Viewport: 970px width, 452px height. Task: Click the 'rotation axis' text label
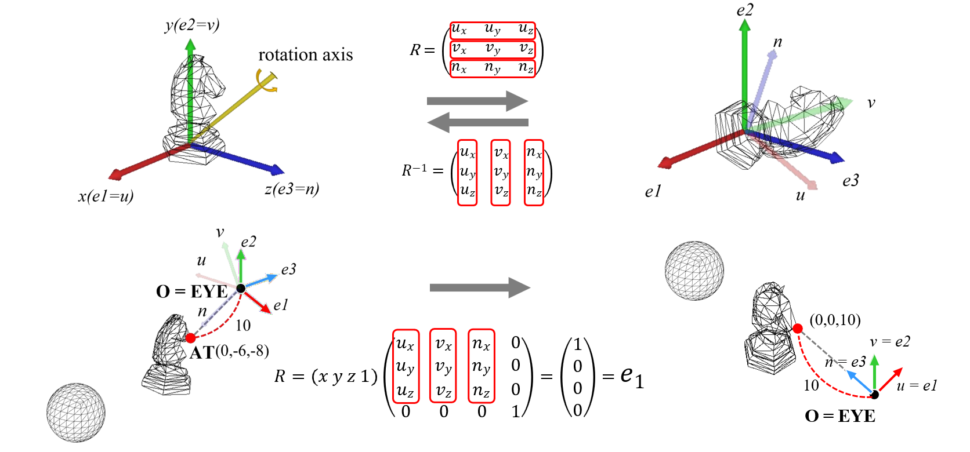point(305,55)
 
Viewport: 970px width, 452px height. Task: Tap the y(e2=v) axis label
point(192,25)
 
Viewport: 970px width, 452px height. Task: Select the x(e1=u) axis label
point(106,196)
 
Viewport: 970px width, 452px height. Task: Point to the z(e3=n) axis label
point(292,189)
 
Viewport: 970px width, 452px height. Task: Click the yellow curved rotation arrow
point(267,81)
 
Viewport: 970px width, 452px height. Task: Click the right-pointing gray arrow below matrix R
point(477,101)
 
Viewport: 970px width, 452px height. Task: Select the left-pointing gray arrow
point(477,122)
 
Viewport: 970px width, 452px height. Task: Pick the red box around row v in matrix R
point(493,49)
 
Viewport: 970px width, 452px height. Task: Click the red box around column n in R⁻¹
point(534,172)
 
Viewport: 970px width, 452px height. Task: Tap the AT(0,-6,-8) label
point(229,352)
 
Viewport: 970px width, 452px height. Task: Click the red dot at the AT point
point(190,338)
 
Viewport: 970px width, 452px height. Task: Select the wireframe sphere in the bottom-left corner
point(76,412)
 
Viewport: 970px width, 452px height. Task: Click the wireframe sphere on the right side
point(694,270)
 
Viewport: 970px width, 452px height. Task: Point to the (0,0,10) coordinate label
point(835,320)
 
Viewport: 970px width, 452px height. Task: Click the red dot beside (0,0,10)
point(798,329)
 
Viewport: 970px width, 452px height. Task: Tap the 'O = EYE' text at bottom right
point(840,415)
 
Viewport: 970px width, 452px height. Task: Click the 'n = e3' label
point(845,362)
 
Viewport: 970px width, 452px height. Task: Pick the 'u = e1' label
point(917,385)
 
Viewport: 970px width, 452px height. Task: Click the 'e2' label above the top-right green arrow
point(745,10)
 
